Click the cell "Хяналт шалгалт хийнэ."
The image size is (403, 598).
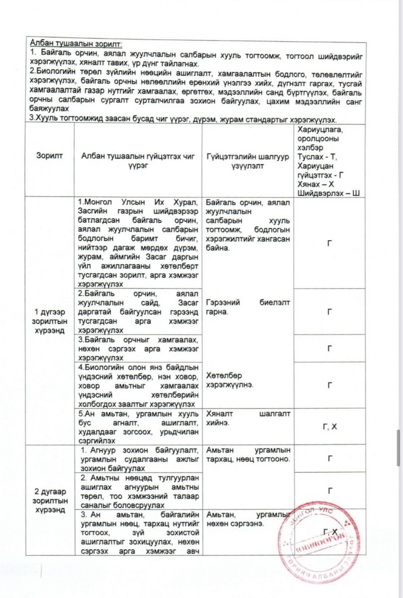(248, 418)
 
